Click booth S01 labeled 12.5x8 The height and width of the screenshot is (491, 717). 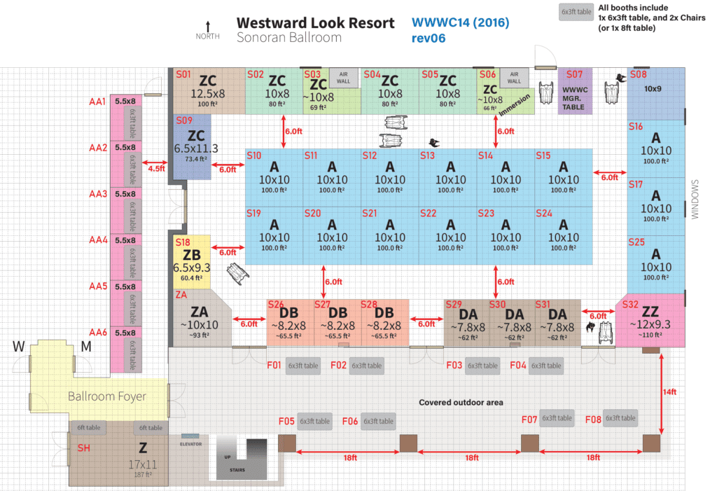(x=209, y=90)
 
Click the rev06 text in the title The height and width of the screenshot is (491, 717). (x=429, y=38)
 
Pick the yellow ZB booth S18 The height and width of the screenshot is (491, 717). (x=191, y=261)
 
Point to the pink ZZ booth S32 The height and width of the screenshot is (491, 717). (x=650, y=319)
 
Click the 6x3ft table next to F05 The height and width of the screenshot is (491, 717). (x=314, y=421)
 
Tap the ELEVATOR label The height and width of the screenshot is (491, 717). (x=191, y=443)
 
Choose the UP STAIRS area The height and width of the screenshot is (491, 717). (x=237, y=459)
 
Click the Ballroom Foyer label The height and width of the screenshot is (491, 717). (x=106, y=396)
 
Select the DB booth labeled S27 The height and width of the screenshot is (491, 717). (x=337, y=319)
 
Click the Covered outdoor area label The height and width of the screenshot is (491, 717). (x=461, y=402)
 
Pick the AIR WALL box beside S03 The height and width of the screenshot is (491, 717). (x=343, y=78)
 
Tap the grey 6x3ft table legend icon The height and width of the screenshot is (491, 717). (x=575, y=12)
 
